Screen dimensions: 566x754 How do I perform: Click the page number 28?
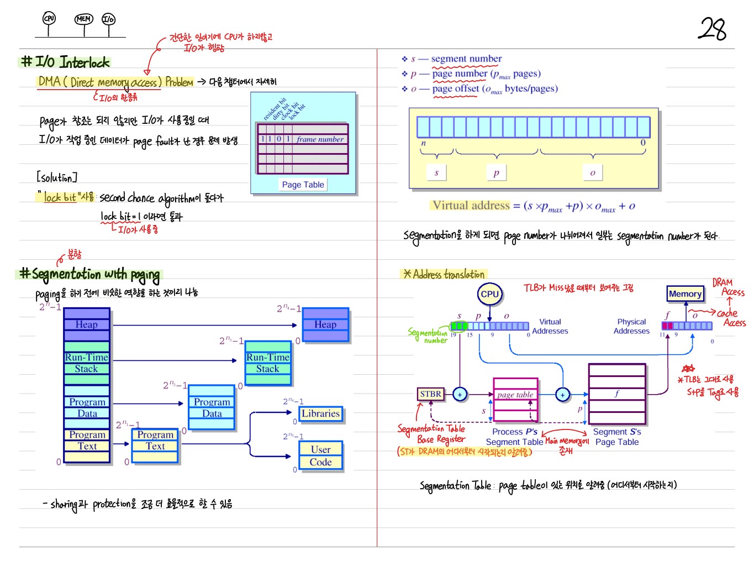(x=713, y=29)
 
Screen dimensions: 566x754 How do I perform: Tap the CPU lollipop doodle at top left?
(x=49, y=19)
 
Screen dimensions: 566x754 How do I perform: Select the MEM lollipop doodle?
(x=84, y=19)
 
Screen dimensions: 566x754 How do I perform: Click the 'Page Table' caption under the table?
(x=303, y=185)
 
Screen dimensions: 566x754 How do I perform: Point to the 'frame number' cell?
(x=320, y=139)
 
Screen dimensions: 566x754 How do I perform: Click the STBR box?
(x=430, y=394)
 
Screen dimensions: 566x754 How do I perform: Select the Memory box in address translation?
(x=685, y=294)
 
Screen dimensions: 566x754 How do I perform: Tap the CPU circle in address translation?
(x=489, y=294)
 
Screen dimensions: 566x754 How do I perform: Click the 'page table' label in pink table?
(x=515, y=395)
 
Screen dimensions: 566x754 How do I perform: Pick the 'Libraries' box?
(x=320, y=413)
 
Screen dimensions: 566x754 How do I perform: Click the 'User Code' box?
(x=320, y=456)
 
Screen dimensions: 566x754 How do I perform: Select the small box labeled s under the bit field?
(x=436, y=172)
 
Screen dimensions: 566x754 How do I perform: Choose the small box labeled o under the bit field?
(x=593, y=172)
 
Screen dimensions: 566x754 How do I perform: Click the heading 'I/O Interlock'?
(x=65, y=62)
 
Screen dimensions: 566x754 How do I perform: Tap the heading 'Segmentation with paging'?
(x=90, y=274)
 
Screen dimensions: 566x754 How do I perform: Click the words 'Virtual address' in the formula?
(x=471, y=206)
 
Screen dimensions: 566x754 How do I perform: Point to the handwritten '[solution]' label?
(x=56, y=177)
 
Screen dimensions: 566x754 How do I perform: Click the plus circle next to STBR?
(x=460, y=394)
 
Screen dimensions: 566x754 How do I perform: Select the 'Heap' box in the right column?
(x=325, y=324)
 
